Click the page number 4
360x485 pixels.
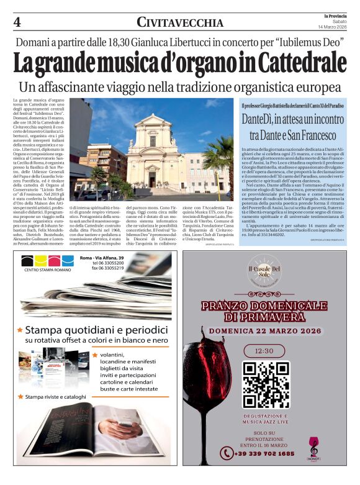point(17,22)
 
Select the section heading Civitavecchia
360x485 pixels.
point(180,23)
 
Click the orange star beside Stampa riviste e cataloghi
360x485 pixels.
point(20,396)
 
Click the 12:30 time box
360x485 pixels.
point(266,350)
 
